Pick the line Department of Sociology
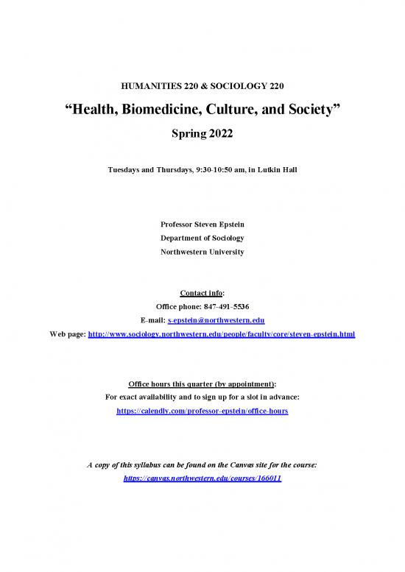[202, 238]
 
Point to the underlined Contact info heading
[201, 292]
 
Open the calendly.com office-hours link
[202, 412]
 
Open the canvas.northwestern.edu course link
[202, 478]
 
